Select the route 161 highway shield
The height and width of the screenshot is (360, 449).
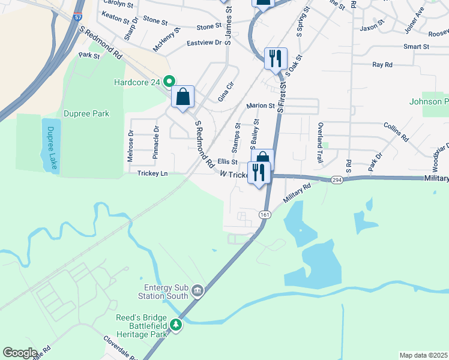point(265,214)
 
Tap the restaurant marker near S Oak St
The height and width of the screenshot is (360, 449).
point(276,59)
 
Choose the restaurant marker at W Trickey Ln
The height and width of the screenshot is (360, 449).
point(259,173)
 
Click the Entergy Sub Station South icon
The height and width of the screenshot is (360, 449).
point(198,292)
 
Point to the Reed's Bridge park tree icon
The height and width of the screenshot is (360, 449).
point(175,325)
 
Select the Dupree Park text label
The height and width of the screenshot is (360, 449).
point(86,113)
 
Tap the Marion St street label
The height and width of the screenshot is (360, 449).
point(261,106)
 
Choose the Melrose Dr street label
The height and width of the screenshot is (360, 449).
point(130,146)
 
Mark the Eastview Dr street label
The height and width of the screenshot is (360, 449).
point(204,43)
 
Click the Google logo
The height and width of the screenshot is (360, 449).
point(20,353)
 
